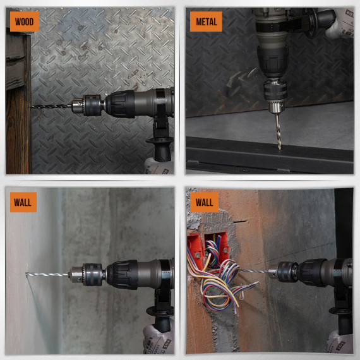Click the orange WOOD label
coord(25,22)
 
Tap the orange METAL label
coord(207,22)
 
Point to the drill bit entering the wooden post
coord(51,105)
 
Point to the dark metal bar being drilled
coord(265,158)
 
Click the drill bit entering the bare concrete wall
coord(47,274)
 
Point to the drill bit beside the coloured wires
coord(256,272)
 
